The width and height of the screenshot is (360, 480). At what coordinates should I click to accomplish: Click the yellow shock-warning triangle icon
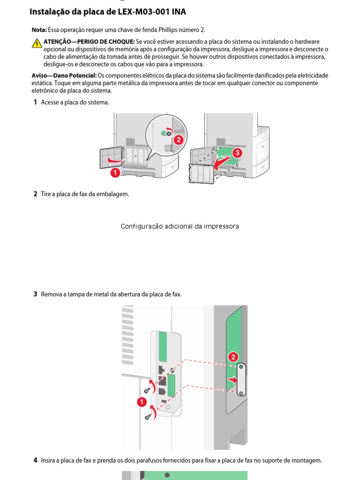click(37, 44)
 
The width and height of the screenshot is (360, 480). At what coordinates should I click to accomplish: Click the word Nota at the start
click(39, 30)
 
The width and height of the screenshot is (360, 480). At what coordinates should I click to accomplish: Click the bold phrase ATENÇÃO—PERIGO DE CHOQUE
click(89, 42)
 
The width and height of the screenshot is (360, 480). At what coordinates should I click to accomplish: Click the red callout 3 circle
click(237, 153)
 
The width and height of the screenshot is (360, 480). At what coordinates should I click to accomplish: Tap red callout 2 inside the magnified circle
click(178, 139)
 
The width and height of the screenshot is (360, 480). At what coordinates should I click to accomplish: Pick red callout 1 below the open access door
click(115, 173)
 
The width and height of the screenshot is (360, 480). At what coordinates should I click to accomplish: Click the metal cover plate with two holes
click(241, 379)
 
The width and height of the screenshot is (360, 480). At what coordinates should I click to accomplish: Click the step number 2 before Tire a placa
click(35, 194)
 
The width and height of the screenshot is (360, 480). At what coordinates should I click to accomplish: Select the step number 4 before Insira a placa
click(35, 460)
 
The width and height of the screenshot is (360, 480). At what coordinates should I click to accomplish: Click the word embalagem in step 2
click(113, 194)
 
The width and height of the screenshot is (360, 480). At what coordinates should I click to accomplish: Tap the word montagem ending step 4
click(307, 460)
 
